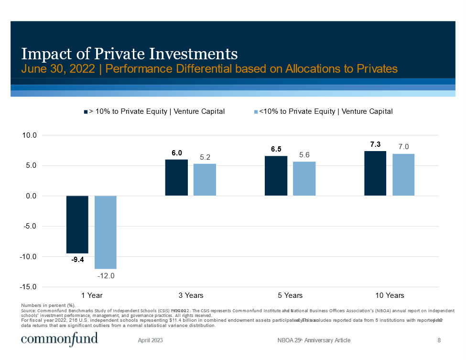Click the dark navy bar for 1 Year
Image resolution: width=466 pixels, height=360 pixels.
coord(77,224)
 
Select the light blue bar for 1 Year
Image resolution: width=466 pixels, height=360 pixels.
coord(106,232)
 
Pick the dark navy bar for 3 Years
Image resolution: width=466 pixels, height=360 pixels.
coord(176,177)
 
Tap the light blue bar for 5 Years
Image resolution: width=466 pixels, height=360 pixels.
coord(304,178)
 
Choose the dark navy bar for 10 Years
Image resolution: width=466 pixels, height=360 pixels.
coord(375,173)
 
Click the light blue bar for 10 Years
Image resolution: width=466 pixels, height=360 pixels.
coord(403,175)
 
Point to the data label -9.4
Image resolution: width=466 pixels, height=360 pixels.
coord(77,260)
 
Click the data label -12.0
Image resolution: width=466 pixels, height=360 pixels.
coord(106,276)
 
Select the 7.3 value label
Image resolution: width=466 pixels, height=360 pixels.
coord(375,144)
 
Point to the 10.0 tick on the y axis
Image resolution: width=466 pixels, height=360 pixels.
coord(30,135)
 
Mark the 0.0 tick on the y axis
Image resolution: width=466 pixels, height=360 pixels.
coord(31,196)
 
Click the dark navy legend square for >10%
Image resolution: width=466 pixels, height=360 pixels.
coord(86,112)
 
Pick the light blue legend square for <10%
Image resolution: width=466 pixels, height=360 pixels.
coord(256,112)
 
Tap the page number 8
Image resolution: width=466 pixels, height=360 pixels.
coord(439,340)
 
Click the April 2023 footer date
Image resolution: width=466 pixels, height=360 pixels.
coord(151,340)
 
